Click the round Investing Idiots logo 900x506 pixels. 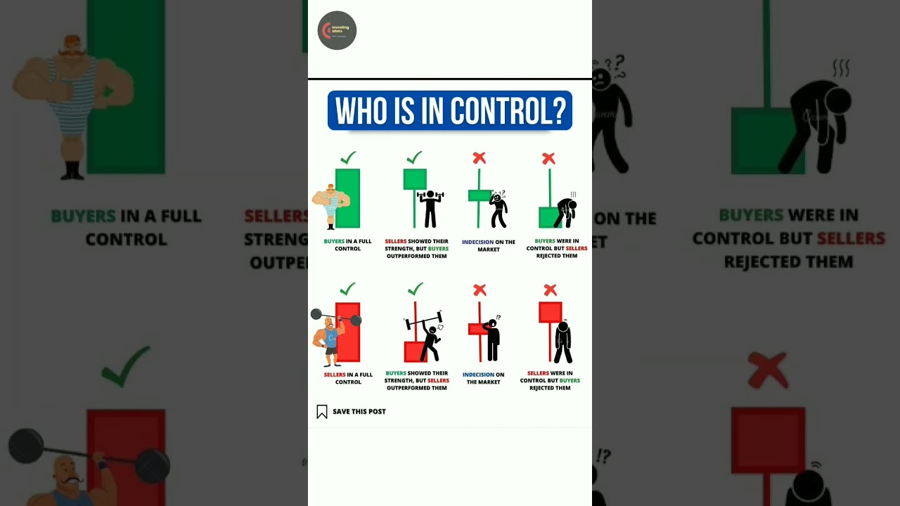point(337,30)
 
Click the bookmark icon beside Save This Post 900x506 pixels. point(322,412)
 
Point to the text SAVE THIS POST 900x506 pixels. point(359,412)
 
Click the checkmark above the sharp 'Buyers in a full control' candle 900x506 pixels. point(347,157)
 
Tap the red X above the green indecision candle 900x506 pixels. point(479,157)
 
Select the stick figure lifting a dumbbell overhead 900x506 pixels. point(429,208)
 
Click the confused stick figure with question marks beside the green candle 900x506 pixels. point(499,209)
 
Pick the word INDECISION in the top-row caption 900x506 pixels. point(477,242)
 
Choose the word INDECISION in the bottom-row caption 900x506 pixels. point(478,375)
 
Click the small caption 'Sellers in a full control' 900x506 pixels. point(348,378)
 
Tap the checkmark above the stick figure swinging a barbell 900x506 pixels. point(415,288)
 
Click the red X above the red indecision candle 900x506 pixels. point(480,290)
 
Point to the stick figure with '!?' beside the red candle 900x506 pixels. point(493,340)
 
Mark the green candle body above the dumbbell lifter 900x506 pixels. point(415,179)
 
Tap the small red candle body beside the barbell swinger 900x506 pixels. point(414,351)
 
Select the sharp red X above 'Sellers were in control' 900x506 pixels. point(551,290)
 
